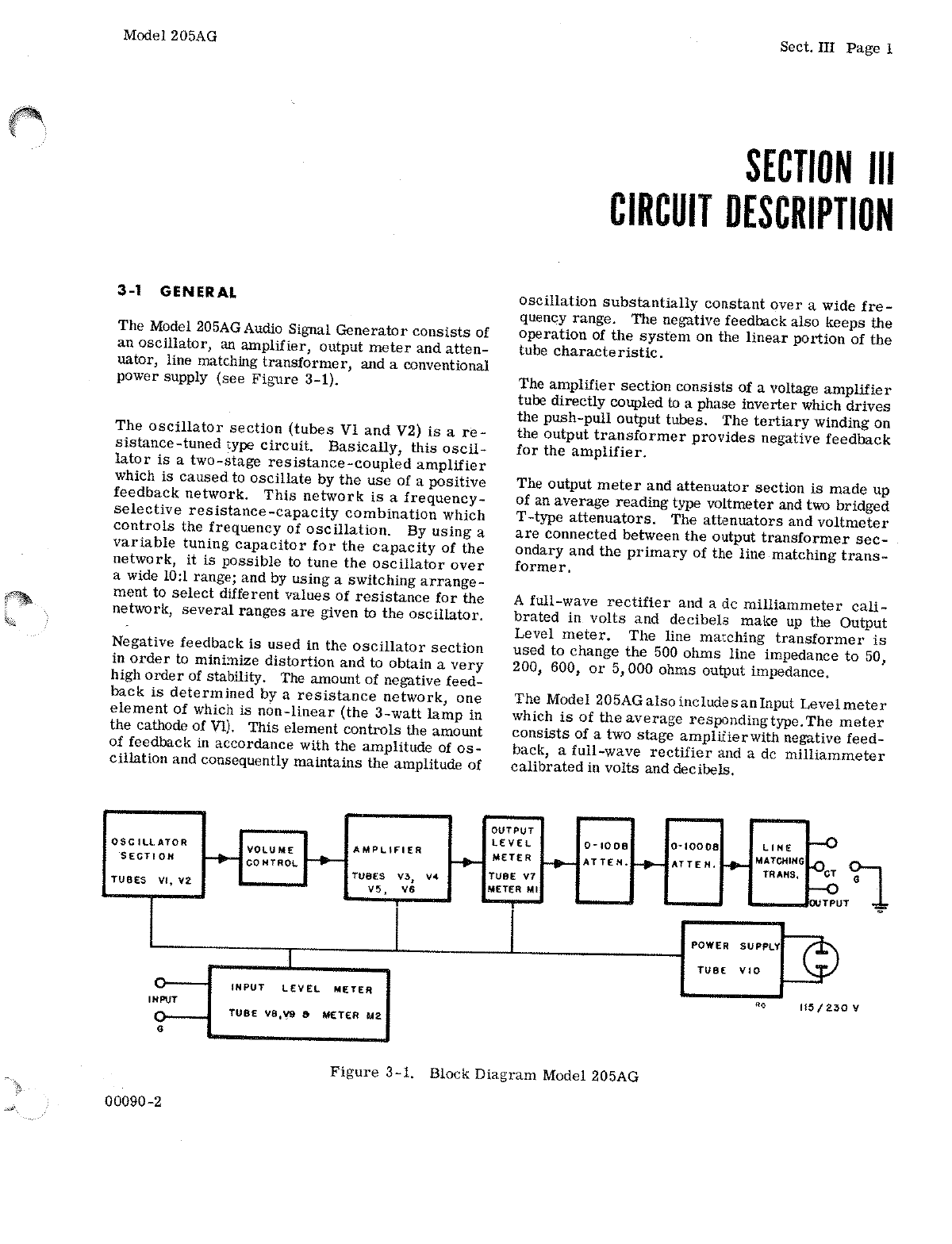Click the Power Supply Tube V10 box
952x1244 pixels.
point(732,958)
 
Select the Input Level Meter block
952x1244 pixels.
point(299,1002)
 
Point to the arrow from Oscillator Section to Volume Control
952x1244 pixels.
point(221,858)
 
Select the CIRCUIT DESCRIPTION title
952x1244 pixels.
point(750,210)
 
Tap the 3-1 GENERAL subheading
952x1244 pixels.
point(177,291)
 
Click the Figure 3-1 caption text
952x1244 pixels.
point(484,1075)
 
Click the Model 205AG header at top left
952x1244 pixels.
point(171,36)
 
